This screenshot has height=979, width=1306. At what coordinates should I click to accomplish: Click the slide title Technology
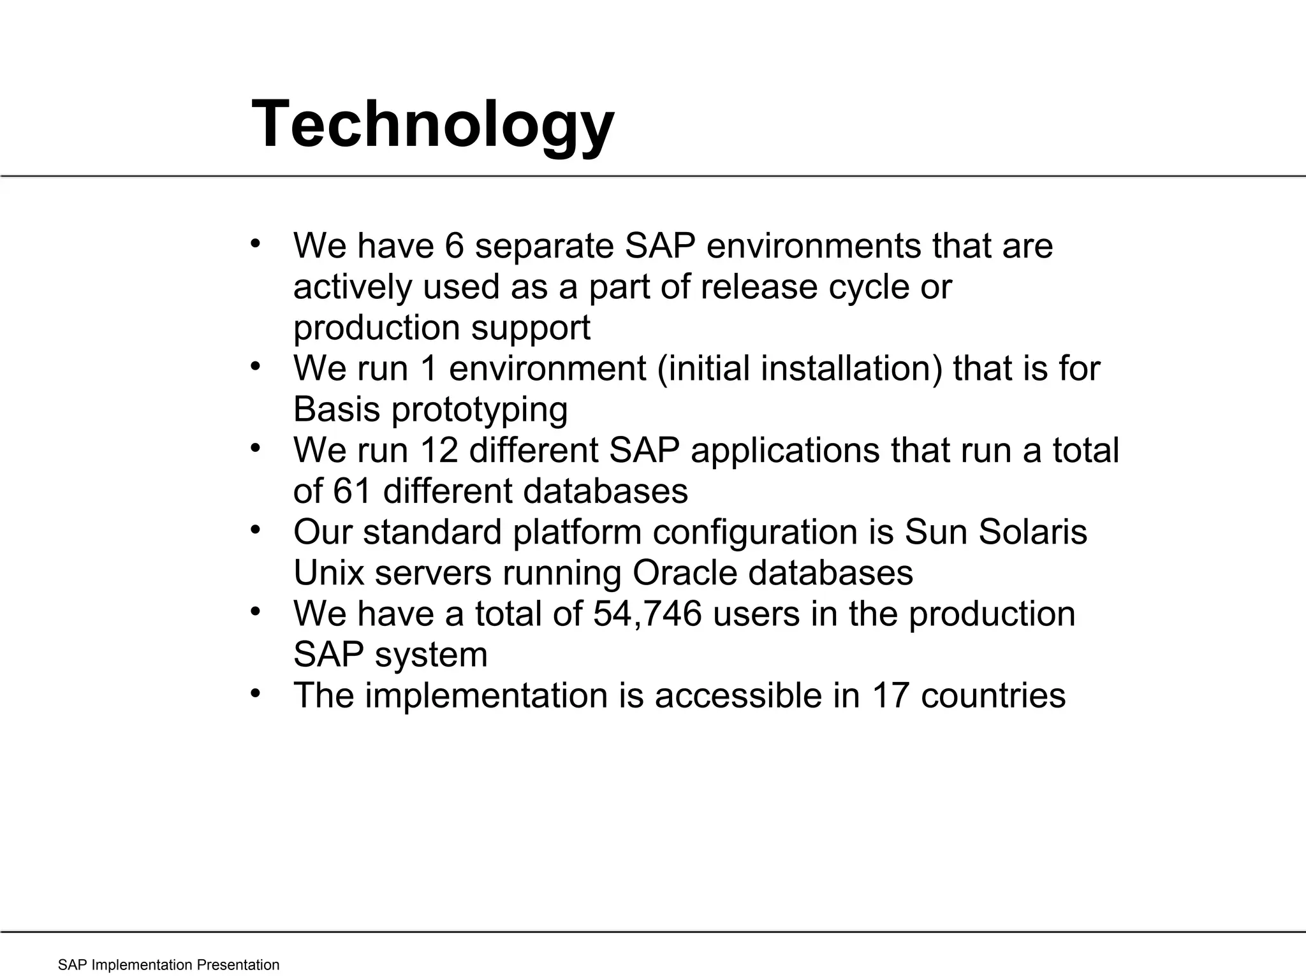point(433,124)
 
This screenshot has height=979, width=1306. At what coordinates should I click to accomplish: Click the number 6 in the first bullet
point(454,246)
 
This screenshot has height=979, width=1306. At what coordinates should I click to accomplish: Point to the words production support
point(441,328)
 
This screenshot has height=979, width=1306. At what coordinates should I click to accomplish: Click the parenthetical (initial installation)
point(799,368)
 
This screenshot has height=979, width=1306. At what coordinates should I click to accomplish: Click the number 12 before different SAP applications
point(439,450)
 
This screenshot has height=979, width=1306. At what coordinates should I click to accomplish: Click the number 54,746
point(647,614)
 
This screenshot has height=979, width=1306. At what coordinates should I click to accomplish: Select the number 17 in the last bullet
point(890,695)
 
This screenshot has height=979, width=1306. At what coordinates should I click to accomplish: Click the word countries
point(993,695)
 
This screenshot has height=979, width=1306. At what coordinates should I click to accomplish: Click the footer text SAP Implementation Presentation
point(168,965)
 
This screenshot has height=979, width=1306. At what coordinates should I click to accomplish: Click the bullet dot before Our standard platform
point(256,529)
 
